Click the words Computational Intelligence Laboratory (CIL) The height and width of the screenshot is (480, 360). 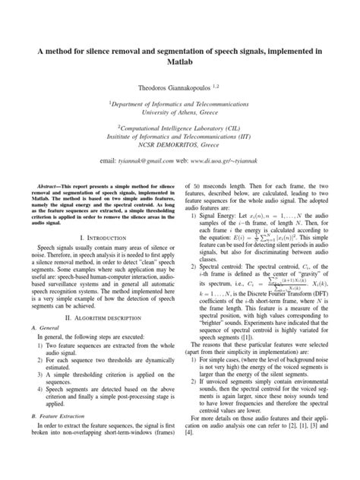(x=180, y=128)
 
